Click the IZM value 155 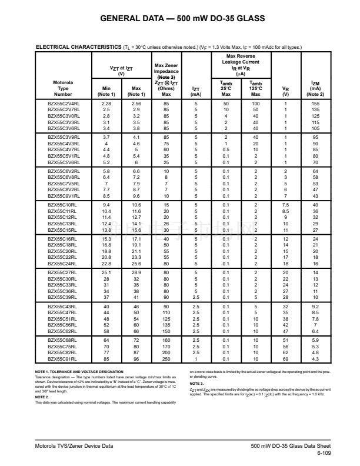click(x=315, y=103)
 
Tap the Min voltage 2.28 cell click(x=106, y=103)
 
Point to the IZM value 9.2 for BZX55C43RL click(x=315, y=307)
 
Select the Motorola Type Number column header click(x=63, y=88)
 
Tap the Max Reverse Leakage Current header click(x=241, y=61)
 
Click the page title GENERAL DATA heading click(x=179, y=19)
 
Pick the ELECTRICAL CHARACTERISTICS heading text click(x=78, y=47)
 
